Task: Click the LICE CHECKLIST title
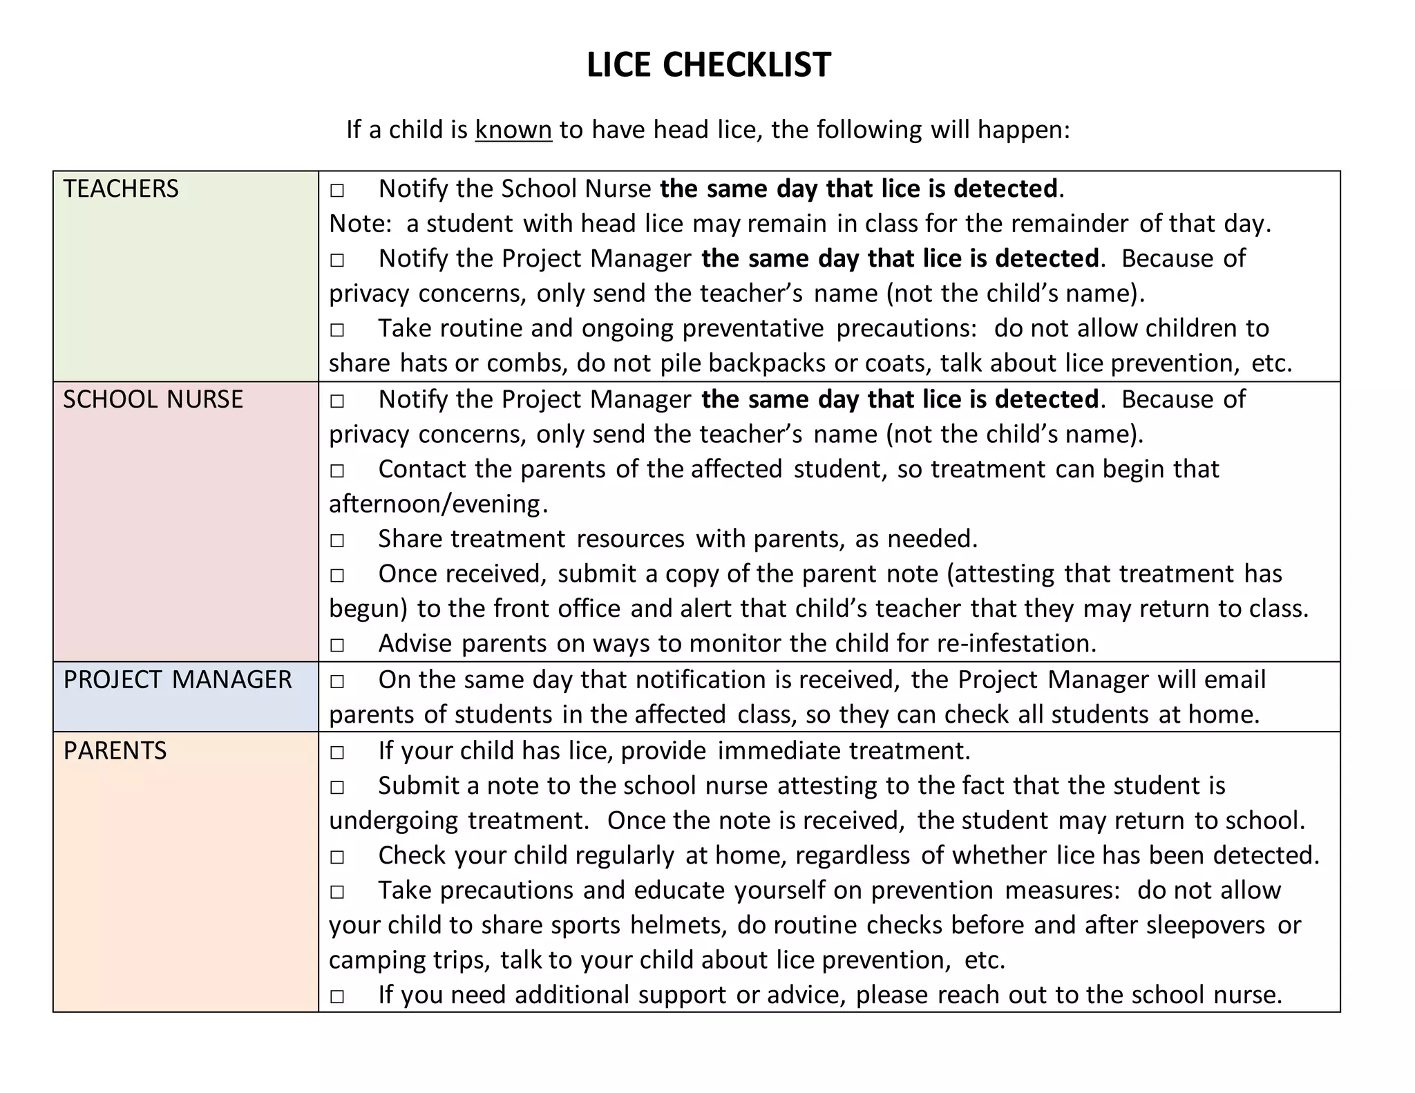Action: coord(708,65)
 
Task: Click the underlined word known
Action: coord(513,130)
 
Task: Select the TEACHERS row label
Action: coord(121,189)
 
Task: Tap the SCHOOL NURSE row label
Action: coord(153,399)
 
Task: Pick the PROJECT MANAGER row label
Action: coord(178,680)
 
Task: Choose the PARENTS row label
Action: coord(115,751)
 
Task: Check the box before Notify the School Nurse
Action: coord(337,190)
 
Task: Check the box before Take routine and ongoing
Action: coord(337,330)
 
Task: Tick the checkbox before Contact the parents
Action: coord(337,471)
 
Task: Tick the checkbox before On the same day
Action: coord(337,681)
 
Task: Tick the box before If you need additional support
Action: coord(337,996)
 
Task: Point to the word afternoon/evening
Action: coord(435,504)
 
